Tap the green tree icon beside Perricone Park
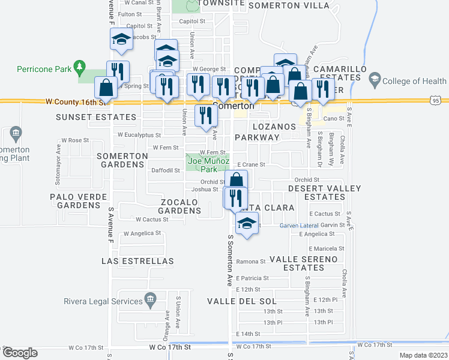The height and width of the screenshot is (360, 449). (78, 68)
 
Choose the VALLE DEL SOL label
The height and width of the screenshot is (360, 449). (242, 301)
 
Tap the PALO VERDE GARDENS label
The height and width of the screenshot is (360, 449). (79, 201)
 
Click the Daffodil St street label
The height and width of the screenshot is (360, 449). (165, 170)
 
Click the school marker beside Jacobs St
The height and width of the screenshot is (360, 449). (121, 39)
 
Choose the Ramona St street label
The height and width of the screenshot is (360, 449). (250, 262)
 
